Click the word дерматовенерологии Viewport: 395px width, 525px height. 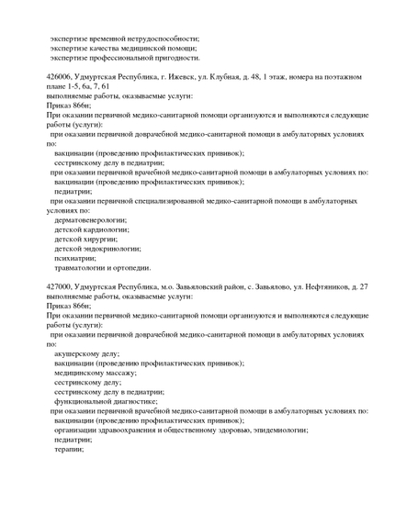tap(92, 220)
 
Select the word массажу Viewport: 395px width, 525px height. tap(119, 373)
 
